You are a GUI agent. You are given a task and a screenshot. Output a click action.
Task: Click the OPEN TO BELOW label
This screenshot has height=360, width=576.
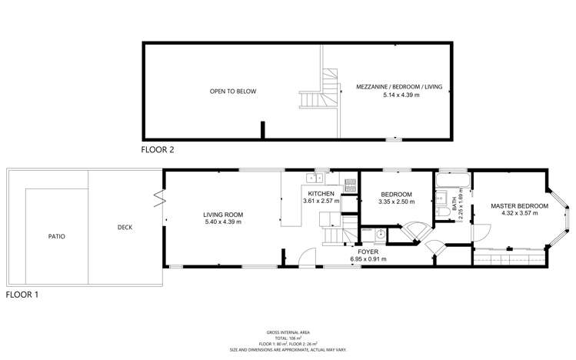click(x=233, y=92)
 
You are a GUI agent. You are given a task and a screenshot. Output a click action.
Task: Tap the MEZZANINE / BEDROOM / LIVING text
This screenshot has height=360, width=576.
click(x=399, y=88)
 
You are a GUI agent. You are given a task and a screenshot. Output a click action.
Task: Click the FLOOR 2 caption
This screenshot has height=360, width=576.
click(x=158, y=150)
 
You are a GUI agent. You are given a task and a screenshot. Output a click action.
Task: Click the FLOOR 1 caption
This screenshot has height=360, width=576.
click(x=22, y=295)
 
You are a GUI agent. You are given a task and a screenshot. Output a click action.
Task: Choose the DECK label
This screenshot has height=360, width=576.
click(x=125, y=227)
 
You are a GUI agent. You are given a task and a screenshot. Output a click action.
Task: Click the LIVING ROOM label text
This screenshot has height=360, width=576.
click(x=223, y=215)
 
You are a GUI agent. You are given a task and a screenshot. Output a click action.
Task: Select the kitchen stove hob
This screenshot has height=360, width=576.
click(x=350, y=185)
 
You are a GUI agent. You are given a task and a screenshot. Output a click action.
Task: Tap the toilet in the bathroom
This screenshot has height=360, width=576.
click(x=444, y=211)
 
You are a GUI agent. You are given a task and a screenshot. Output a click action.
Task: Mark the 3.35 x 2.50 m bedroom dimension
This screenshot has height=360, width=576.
click(x=396, y=202)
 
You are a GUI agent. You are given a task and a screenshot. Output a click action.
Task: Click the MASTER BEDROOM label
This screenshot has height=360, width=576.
click(x=520, y=206)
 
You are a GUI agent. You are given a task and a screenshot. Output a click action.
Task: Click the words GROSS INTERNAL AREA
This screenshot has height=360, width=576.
click(x=288, y=332)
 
